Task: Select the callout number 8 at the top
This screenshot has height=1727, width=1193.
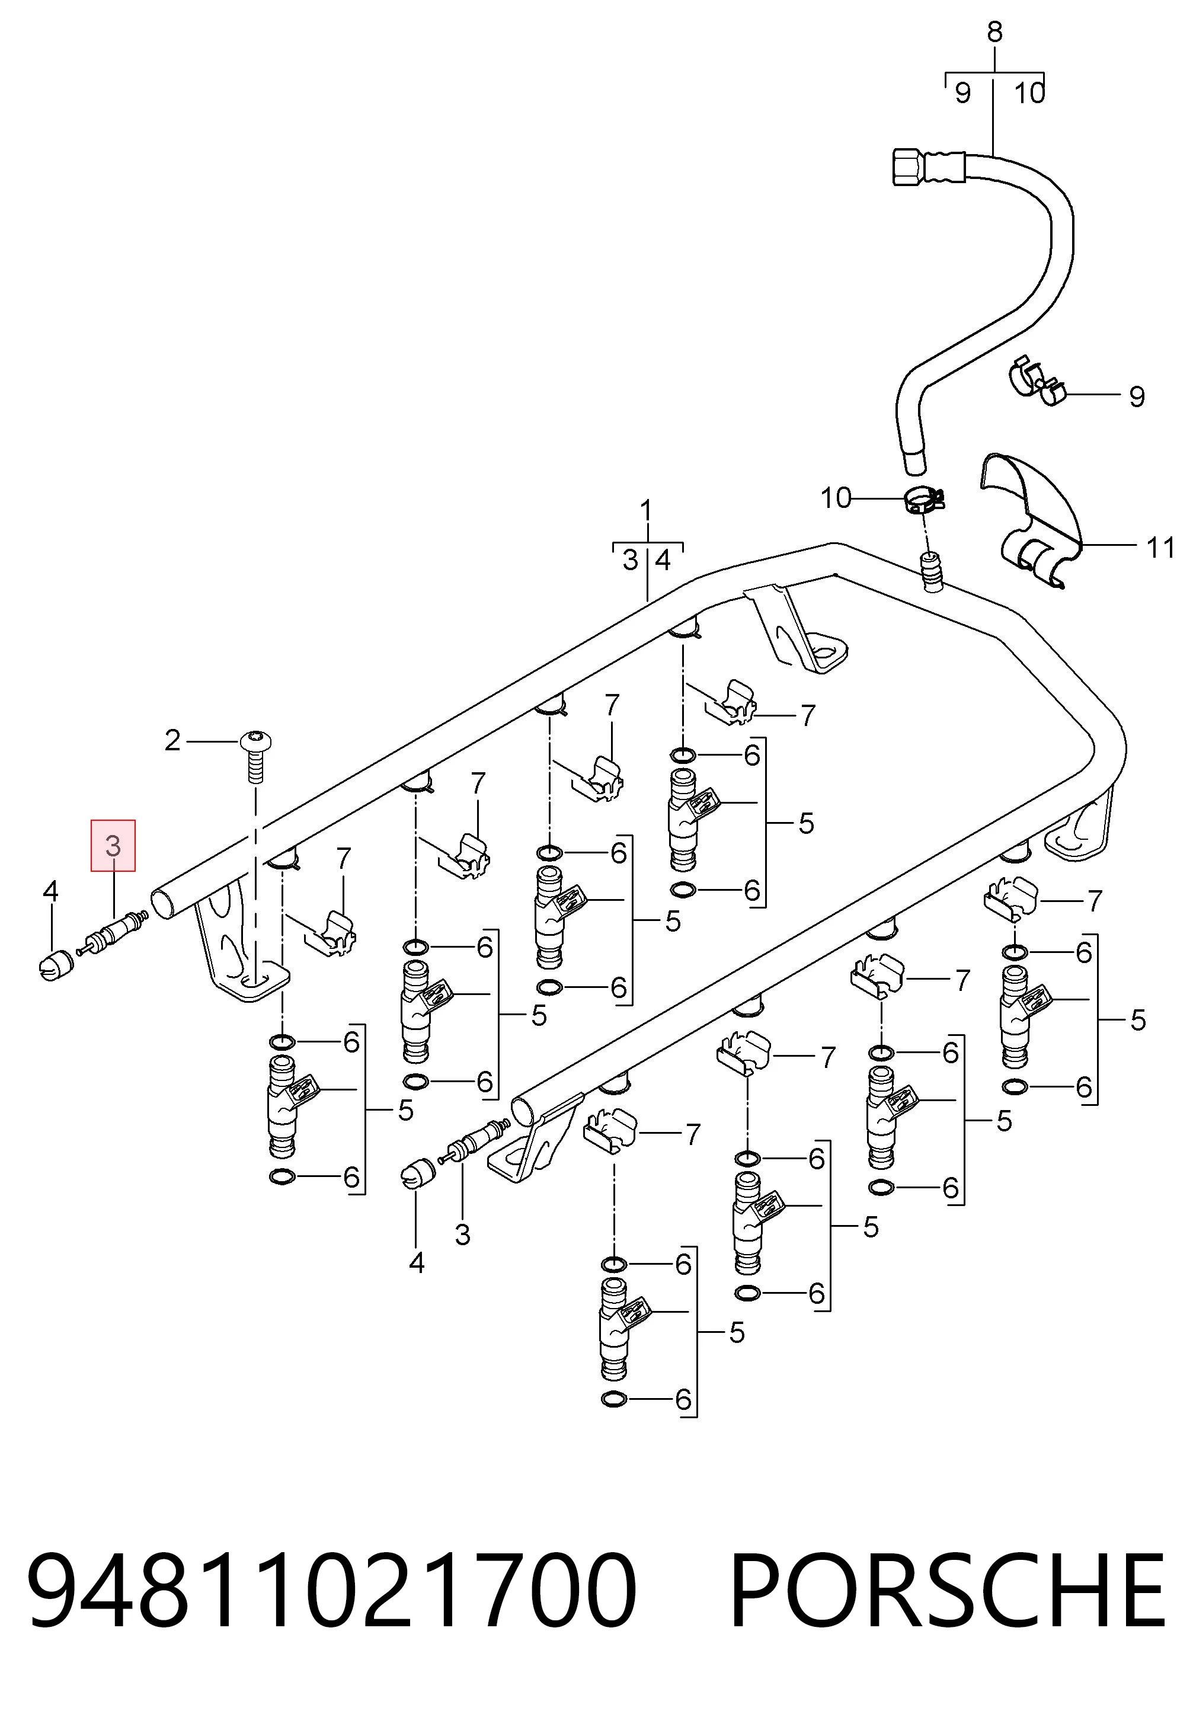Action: coord(994,32)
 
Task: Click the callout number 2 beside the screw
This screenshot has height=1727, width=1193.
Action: coord(172,741)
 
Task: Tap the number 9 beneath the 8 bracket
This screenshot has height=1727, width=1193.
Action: coord(963,94)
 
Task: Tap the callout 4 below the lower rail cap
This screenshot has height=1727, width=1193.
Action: coord(417,1263)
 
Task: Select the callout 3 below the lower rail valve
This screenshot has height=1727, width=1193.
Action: coord(463,1235)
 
